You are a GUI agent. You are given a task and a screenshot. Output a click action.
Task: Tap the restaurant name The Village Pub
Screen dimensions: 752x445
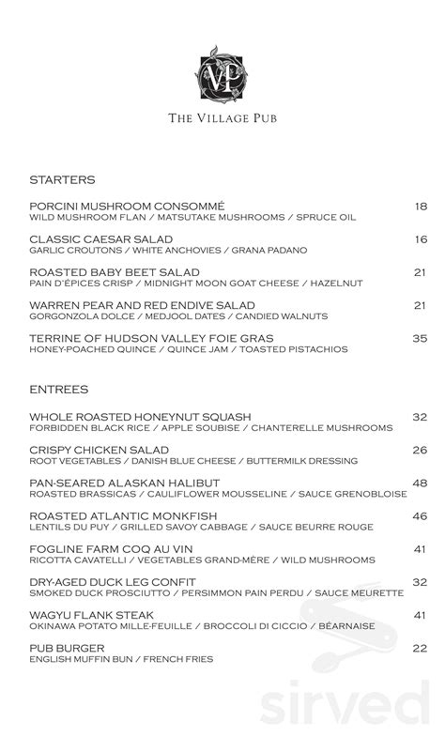(x=222, y=118)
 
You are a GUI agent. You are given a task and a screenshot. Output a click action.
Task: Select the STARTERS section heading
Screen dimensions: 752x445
(x=62, y=179)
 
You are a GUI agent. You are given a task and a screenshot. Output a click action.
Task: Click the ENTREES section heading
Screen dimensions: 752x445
(x=59, y=389)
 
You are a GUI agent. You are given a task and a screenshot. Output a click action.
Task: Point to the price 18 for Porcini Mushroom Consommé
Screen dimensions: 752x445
(x=421, y=206)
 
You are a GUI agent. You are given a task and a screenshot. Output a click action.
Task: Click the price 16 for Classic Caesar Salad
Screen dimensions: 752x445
(x=421, y=239)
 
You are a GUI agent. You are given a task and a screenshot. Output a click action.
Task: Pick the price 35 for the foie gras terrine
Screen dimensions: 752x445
(x=420, y=338)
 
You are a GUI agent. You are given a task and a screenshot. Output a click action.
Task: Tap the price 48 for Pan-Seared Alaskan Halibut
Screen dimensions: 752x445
(x=420, y=483)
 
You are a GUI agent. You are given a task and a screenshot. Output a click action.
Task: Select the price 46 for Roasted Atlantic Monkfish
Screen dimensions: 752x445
(x=420, y=515)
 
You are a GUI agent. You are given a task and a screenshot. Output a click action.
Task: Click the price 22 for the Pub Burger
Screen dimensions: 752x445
(x=420, y=648)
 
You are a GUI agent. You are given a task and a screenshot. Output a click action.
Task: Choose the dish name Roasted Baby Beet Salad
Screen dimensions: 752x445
(x=108, y=272)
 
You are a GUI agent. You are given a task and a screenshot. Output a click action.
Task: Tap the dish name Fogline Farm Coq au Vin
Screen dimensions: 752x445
(x=111, y=549)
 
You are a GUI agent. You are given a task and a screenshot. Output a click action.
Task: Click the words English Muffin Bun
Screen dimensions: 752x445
(x=75, y=659)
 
